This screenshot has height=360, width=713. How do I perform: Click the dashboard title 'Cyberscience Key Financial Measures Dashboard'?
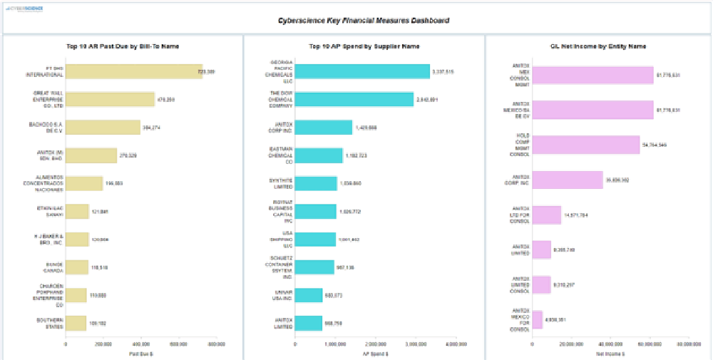364,21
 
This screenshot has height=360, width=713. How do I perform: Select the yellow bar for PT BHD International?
134,71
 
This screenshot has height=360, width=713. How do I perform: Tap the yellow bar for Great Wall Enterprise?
110,99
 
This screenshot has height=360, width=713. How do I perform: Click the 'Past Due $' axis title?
140,354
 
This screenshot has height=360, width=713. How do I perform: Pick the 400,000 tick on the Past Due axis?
141,344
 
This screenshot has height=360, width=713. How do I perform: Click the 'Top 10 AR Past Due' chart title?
122,46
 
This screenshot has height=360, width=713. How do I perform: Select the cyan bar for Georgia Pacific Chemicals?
363,71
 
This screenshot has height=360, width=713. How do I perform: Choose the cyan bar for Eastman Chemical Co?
319,155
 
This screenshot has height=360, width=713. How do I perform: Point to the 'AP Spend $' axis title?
376,354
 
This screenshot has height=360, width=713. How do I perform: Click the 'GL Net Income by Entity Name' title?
598,46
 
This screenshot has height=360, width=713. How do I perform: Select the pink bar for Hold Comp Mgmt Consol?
586,145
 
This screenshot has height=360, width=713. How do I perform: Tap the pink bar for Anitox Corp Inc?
568,180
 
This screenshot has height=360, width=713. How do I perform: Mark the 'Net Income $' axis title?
610,354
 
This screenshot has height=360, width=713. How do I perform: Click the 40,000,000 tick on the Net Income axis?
610,344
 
